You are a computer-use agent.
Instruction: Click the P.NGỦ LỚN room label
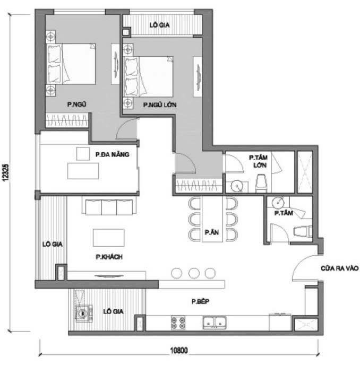click(160, 106)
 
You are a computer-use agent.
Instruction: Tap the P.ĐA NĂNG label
click(113, 155)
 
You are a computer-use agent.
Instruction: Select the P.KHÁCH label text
click(109, 257)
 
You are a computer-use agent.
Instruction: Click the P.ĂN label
click(212, 232)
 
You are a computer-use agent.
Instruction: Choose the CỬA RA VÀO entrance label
click(340, 268)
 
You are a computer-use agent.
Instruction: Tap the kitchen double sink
click(216, 321)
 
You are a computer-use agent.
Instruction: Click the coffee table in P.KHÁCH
click(108, 237)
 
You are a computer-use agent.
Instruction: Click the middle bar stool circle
click(194, 273)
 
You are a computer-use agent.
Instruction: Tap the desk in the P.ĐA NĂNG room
click(83, 171)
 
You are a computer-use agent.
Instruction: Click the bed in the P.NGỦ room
click(72, 64)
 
